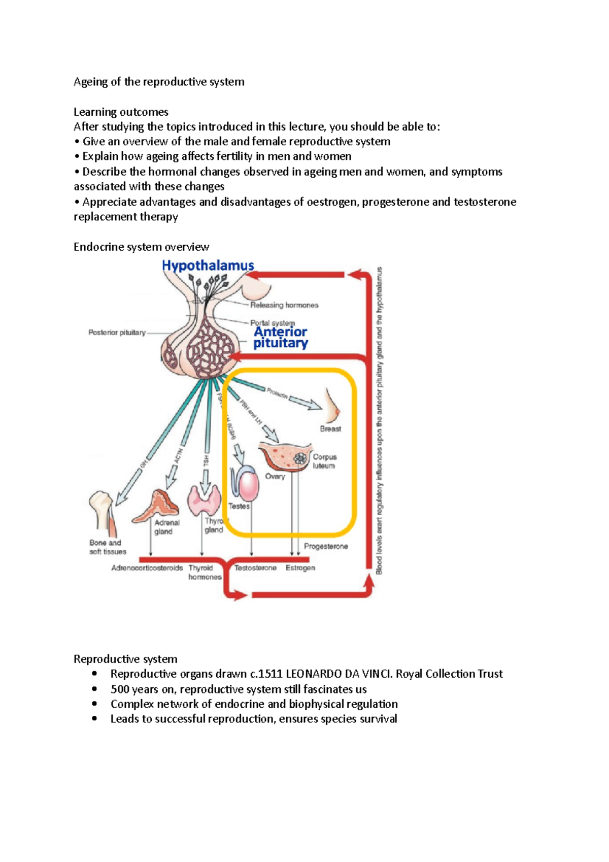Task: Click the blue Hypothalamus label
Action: (208, 265)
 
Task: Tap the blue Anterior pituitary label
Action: (281, 338)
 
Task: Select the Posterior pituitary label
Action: (117, 333)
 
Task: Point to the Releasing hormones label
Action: (284, 305)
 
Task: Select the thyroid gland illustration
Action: (204, 501)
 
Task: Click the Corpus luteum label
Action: (324, 461)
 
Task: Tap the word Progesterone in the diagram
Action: (326, 546)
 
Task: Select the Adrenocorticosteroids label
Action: (147, 568)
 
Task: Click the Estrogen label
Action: (300, 568)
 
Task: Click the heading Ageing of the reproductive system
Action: (159, 82)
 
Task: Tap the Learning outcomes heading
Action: (121, 112)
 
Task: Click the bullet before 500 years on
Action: (94, 689)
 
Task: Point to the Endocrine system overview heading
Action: (141, 247)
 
